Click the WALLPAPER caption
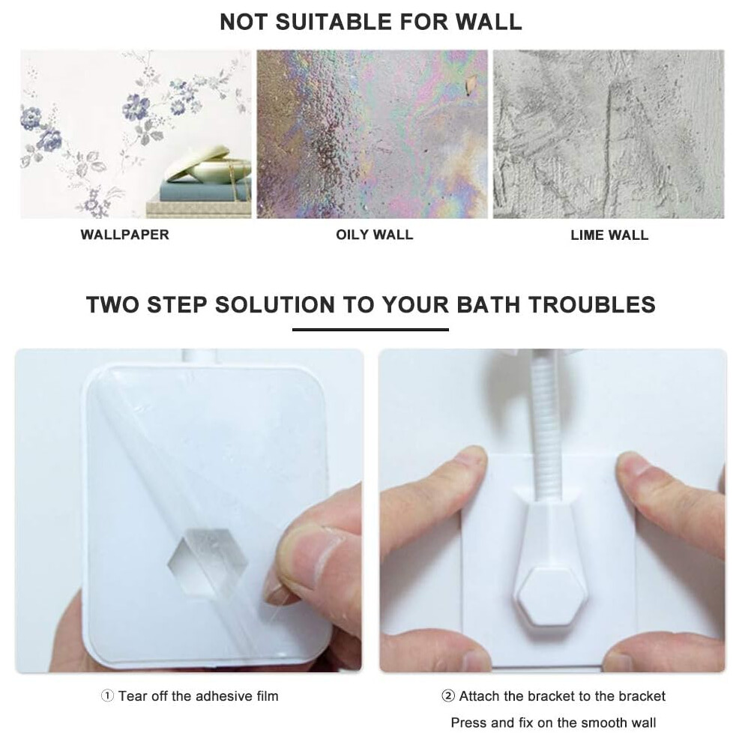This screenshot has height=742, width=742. [124, 235]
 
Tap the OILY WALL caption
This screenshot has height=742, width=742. [374, 235]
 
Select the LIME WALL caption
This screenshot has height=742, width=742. [609, 235]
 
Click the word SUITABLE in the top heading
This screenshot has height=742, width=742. [334, 22]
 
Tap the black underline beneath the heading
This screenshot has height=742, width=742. [370, 329]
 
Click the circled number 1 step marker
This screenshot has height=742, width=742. [107, 696]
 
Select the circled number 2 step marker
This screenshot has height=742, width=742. [448, 696]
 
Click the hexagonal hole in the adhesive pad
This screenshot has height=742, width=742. [208, 561]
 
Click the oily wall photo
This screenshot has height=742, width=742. [372, 134]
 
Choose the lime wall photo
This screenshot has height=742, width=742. [609, 134]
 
